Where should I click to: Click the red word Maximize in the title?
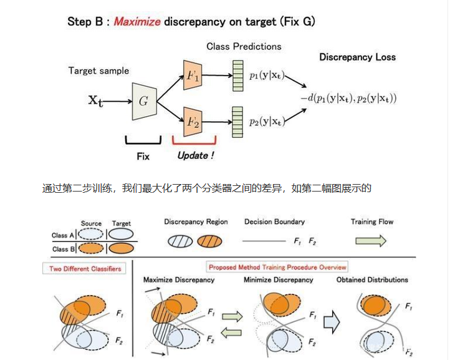click(x=137, y=22)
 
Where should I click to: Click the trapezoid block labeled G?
click(x=143, y=100)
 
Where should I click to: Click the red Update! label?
click(x=195, y=155)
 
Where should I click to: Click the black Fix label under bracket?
click(x=143, y=156)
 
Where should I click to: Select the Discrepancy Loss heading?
click(x=357, y=57)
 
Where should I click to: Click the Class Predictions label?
click(x=244, y=46)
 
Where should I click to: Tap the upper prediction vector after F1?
click(x=237, y=75)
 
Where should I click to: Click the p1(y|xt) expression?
click(x=268, y=76)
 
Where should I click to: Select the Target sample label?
click(x=100, y=71)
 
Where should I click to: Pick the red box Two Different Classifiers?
click(x=86, y=269)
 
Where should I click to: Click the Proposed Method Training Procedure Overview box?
click(x=278, y=267)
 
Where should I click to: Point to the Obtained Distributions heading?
click(x=372, y=280)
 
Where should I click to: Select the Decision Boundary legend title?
click(x=274, y=221)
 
